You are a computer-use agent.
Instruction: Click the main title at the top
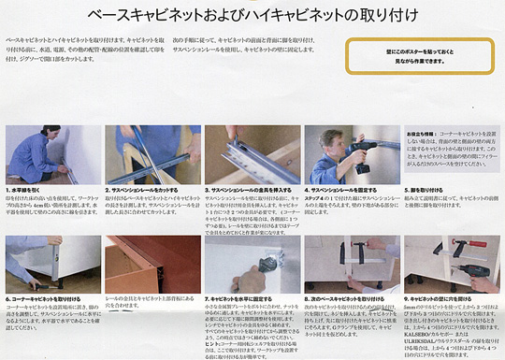pyautogui.click(x=252, y=15)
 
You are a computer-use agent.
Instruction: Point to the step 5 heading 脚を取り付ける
pyautogui.click(x=429, y=189)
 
